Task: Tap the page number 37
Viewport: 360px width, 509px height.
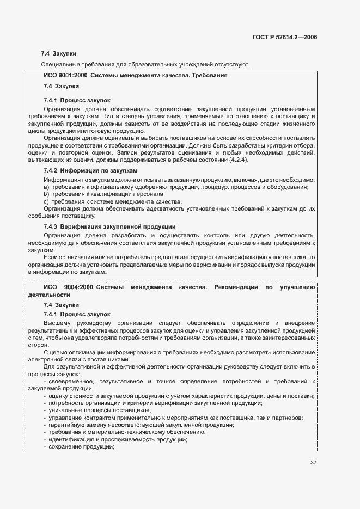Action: pos(313,463)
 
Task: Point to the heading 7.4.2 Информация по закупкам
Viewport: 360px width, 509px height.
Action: pos(90,171)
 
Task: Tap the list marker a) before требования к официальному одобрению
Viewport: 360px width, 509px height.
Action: pos(46,187)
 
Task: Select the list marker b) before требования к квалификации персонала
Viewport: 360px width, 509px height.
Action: pos(46,194)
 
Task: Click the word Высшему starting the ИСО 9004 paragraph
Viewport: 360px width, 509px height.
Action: pos(56,323)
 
